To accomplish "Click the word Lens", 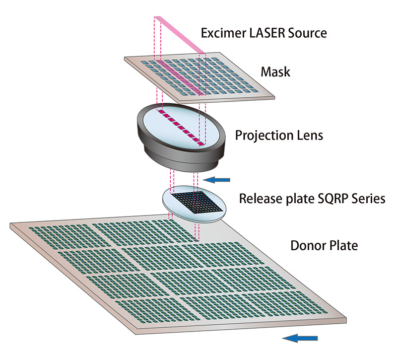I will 311,135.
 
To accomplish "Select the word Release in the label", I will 257,199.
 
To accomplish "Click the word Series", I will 364,199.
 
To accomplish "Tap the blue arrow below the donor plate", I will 300,338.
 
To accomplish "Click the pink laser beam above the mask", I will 181,35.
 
